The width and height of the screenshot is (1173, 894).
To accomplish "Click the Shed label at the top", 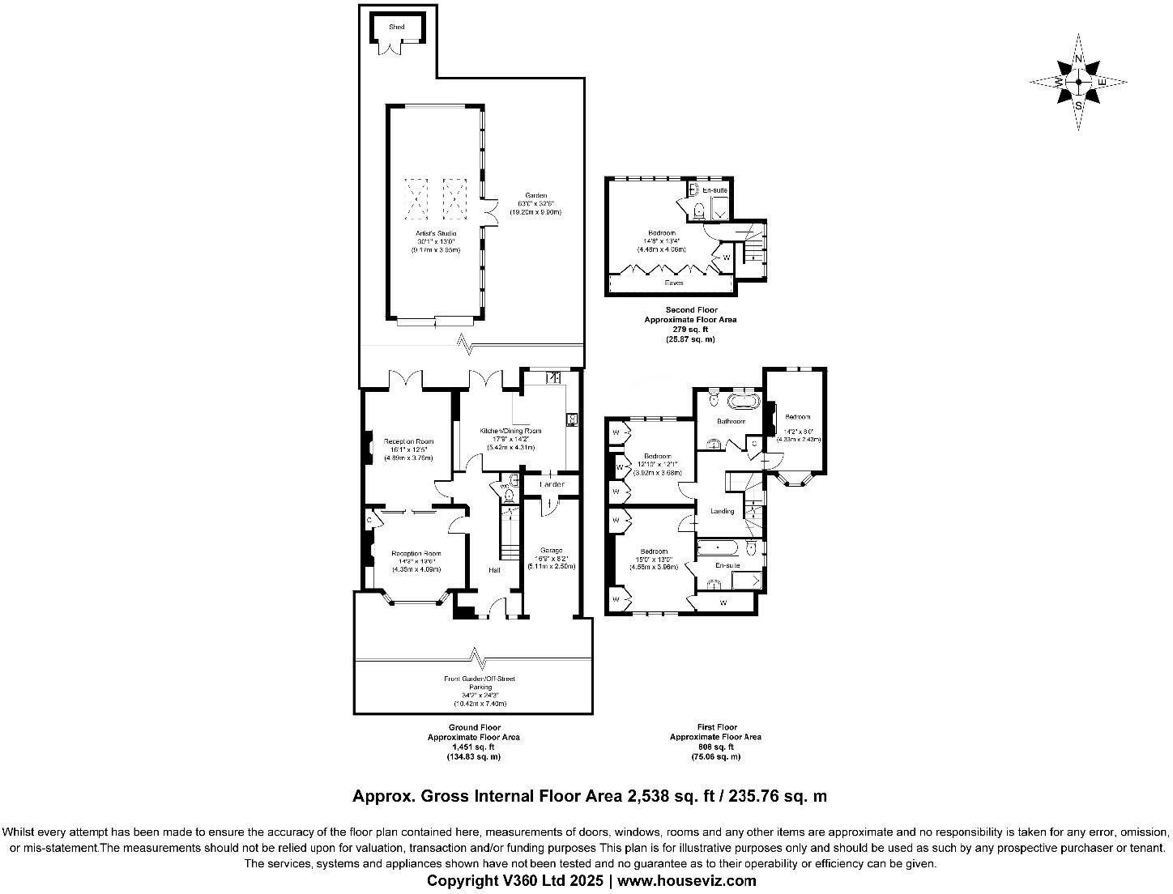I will [x=396, y=27].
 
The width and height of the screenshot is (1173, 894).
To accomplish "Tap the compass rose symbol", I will [x=1078, y=82].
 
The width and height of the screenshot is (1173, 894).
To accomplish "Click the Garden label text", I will [x=535, y=195].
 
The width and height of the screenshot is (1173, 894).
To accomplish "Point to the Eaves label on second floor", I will [x=673, y=283].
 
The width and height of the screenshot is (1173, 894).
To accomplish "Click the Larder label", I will [x=552, y=484].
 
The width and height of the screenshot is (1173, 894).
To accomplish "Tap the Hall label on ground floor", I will [x=493, y=570].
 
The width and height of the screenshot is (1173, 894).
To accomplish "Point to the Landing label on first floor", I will [x=722, y=511].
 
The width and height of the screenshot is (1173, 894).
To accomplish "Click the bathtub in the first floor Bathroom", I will [x=742, y=401].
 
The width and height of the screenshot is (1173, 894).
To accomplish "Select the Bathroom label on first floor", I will [x=731, y=421].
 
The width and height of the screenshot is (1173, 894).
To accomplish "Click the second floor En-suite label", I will [x=714, y=190].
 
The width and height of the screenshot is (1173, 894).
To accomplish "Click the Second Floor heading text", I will [x=690, y=309].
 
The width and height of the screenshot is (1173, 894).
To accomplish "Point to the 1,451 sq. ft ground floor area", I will [x=473, y=747].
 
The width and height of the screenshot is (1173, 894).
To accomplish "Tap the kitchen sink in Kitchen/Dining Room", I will [x=554, y=377].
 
